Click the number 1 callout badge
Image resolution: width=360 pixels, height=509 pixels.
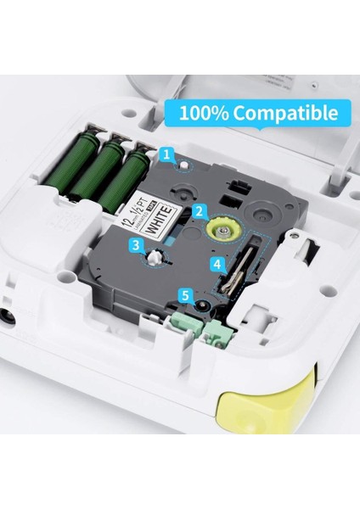point(167,154)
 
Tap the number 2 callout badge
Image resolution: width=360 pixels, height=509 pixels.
point(198,210)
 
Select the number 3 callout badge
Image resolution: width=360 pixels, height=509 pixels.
point(136,246)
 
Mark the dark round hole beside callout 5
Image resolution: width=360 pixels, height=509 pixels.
point(203,304)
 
